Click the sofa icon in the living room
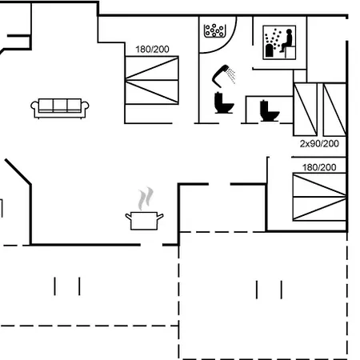[60, 108]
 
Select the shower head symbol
[221, 76]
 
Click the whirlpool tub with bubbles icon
[215, 30]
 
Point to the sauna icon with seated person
[279, 42]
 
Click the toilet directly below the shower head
[224, 103]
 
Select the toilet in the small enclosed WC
[270, 111]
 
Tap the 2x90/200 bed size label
[319, 144]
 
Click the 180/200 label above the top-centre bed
[152, 50]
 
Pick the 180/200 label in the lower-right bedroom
[319, 167]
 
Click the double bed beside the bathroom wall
[152, 80]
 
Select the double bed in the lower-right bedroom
[319, 197]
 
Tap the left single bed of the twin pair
[306, 110]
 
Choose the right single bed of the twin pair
[334, 110]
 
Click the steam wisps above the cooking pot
[146, 198]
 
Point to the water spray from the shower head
[231, 75]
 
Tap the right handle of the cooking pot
[160, 217]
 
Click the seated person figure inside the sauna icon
[287, 41]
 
